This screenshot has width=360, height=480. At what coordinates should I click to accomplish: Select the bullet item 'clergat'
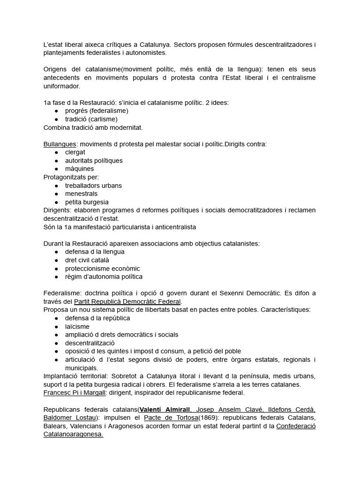coord(75,152)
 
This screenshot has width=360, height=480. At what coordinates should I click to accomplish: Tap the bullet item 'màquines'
coord(79,169)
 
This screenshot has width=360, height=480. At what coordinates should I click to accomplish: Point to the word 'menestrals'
coord(81,194)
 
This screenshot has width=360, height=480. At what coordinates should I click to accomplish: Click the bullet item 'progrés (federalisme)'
coord(97,111)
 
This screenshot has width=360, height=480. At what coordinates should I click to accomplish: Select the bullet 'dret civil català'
coord(87,260)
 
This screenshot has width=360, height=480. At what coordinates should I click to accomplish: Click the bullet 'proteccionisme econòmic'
coord(103,269)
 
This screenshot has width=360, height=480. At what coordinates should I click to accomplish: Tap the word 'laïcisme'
coord(77,326)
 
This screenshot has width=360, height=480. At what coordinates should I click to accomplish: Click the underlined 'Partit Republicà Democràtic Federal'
coord(127,301)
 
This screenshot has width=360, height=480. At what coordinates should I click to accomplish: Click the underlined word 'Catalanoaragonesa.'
coord(73,435)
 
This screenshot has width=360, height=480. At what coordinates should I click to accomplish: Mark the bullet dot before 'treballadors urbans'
coord(57,186)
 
